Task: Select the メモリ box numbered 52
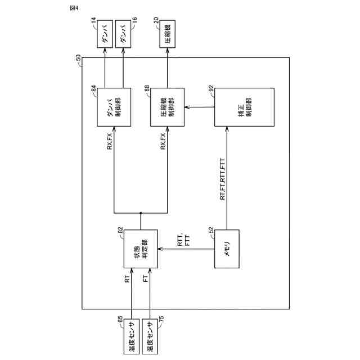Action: pyautogui.click(x=227, y=248)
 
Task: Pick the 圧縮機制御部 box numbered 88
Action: pyautogui.click(x=166, y=108)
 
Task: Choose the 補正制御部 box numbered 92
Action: pyautogui.click(x=244, y=108)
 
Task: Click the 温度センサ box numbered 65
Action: pyautogui.click(x=132, y=335)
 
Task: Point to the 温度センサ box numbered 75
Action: pyautogui.click(x=150, y=335)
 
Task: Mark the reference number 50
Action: pyautogui.click(x=78, y=57)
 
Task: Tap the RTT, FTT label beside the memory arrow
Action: pyautogui.click(x=183, y=241)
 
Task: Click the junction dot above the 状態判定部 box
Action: pyautogui.click(x=140, y=213)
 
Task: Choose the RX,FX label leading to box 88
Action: pyautogui.click(x=163, y=142)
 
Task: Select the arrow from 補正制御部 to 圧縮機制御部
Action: pyautogui.click(x=199, y=108)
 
